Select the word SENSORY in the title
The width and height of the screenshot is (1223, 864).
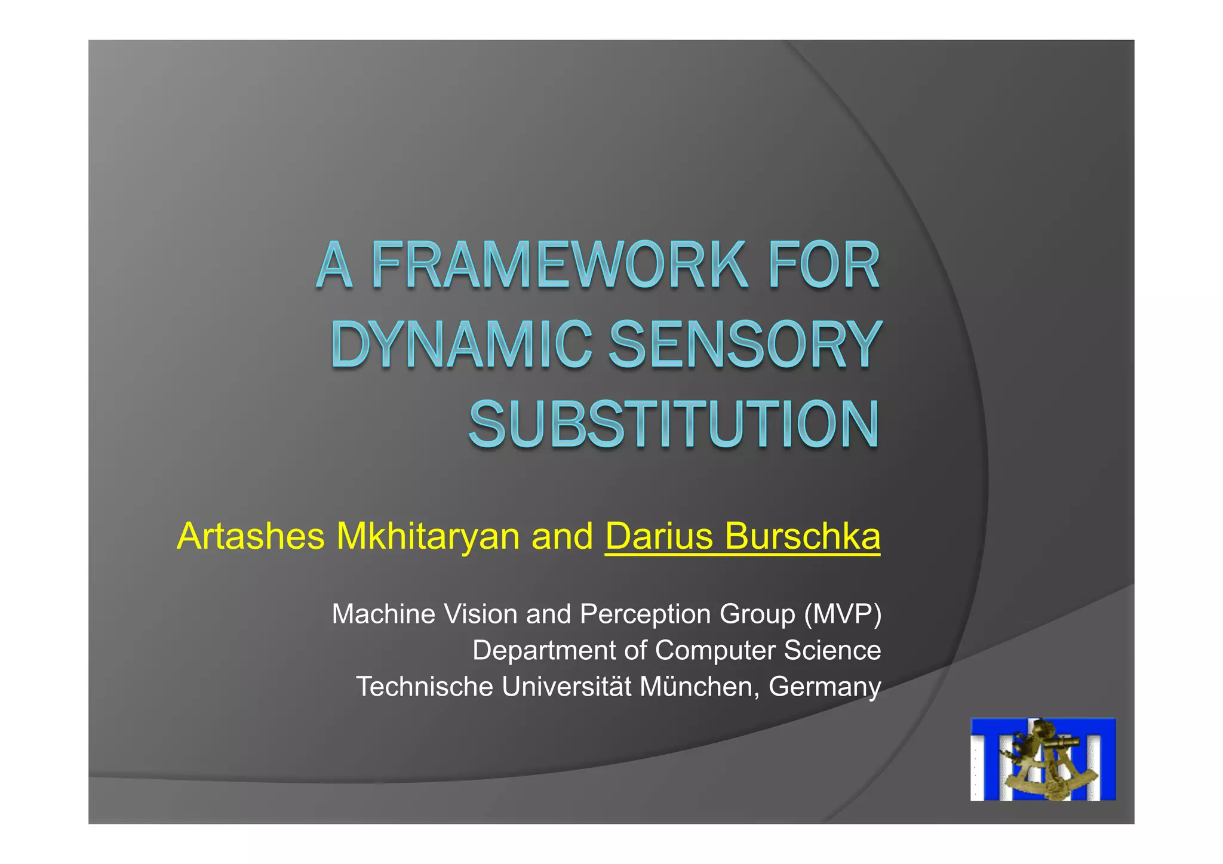point(745,345)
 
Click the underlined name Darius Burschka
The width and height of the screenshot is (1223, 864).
point(742,536)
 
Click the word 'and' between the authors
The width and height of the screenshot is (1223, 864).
point(562,536)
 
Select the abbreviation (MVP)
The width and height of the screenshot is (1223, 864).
point(842,614)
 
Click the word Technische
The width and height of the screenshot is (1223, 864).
point(425,687)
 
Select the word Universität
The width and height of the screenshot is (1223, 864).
point(566,687)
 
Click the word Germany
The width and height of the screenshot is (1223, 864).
point(825,687)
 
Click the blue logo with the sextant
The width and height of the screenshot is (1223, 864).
point(1043,759)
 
